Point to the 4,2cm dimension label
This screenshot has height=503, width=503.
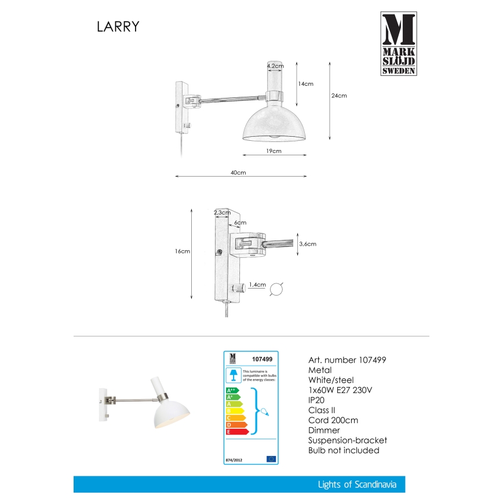[275, 67]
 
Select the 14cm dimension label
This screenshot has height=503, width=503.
[305, 84]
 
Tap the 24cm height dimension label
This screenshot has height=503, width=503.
[339, 96]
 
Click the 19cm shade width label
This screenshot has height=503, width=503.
[274, 151]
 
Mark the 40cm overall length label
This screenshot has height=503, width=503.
[238, 173]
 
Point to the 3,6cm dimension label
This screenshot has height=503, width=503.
[308, 244]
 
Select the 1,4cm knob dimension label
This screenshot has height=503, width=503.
[256, 285]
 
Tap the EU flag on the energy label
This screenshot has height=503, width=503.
[271, 459]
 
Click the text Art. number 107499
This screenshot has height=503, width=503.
[347, 360]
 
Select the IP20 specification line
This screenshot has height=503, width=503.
[317, 400]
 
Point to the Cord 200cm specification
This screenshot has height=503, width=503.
[333, 420]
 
